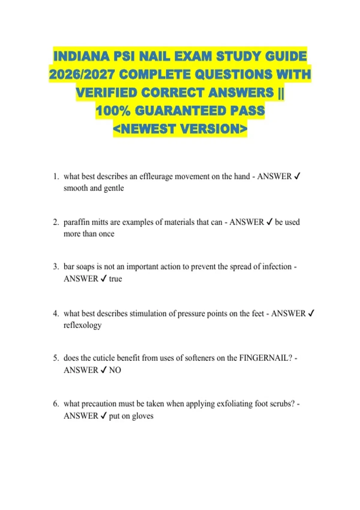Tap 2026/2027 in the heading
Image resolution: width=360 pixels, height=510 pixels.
coord(82,74)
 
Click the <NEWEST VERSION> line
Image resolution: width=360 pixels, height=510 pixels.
coord(180,129)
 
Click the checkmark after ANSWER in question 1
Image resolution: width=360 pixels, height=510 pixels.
coord(297,176)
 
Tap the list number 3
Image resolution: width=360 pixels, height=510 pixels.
coord(56,267)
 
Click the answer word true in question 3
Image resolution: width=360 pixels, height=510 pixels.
coord(115,279)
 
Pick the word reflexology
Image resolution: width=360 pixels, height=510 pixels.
coord(82,325)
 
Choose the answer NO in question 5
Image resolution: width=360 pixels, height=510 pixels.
coord(115,370)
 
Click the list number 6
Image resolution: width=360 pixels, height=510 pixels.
coord(56,404)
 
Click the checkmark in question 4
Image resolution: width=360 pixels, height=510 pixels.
coord(311,313)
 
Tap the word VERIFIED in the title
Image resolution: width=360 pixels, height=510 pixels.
coord(106,93)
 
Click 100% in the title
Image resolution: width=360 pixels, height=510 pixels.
coord(113,111)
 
